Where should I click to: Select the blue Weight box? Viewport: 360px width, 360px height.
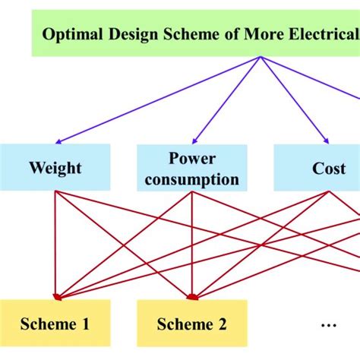(55, 167)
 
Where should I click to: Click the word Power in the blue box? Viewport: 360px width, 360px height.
(192, 159)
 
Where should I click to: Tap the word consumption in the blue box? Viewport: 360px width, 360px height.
(192, 179)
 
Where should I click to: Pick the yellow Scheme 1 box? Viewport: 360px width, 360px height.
(55, 324)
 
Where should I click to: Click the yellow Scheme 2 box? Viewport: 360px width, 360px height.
(192, 324)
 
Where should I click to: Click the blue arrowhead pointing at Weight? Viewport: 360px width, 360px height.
(58, 141)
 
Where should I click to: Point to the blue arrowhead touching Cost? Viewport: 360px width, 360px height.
(326, 140)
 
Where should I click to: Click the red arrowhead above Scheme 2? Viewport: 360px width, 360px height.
(192, 296)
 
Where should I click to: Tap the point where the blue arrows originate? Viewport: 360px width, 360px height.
(261, 58)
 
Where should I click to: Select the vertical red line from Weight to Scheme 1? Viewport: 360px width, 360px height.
(55, 243)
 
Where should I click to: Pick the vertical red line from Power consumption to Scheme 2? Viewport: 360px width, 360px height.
(192, 243)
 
